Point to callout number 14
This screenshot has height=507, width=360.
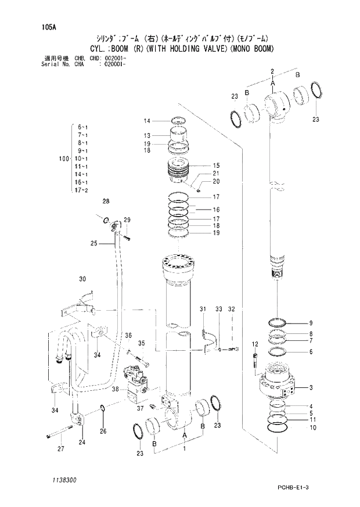(147, 121)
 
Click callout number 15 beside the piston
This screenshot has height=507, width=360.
(215, 165)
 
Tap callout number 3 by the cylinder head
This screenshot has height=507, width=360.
(311, 387)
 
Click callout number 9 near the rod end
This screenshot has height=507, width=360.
(311, 323)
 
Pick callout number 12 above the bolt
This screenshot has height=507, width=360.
(254, 345)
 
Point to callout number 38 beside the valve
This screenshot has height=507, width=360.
(116, 390)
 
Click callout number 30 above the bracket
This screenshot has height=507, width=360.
(82, 279)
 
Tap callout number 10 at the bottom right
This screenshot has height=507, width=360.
(312, 427)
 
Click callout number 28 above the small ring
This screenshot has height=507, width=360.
(106, 202)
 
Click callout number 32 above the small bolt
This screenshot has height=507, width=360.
(231, 310)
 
